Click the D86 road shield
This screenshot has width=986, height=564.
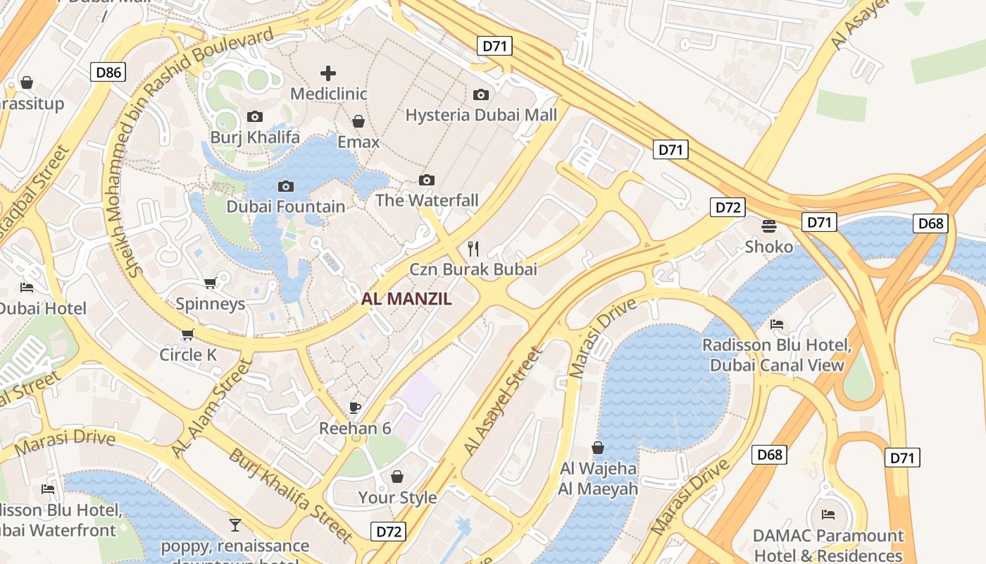click(x=108, y=72)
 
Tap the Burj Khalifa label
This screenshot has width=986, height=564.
click(x=255, y=137)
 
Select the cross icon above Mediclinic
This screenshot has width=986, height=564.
click(x=328, y=73)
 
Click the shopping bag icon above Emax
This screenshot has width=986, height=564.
click(x=358, y=121)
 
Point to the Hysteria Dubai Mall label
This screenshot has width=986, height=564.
click(x=481, y=115)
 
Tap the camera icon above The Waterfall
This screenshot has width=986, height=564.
click(x=426, y=180)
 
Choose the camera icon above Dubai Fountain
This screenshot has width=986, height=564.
click(x=285, y=186)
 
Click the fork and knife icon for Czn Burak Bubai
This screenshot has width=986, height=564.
click(x=473, y=248)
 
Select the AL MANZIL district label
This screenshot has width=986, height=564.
click(x=406, y=299)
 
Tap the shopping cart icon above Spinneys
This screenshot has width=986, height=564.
click(x=210, y=283)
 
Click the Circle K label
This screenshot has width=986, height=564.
click(x=188, y=355)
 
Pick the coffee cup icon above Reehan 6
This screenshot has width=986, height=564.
click(x=355, y=407)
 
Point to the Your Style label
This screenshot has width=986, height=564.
click(x=397, y=497)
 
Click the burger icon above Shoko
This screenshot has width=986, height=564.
click(x=768, y=226)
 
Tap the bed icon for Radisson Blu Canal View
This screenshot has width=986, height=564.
click(x=777, y=324)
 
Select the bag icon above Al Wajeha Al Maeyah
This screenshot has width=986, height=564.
click(x=598, y=447)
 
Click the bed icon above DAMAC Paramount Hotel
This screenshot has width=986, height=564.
click(x=828, y=514)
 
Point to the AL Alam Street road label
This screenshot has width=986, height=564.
click(x=211, y=408)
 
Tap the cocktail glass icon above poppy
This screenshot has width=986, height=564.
click(x=235, y=525)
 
